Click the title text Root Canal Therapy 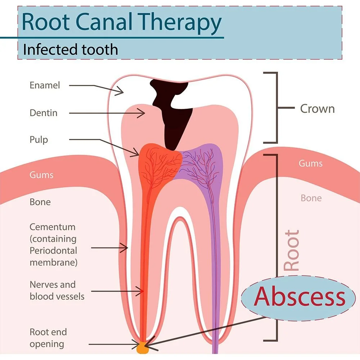pos(121,22)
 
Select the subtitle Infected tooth pos(70,49)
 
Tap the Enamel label pos(45,86)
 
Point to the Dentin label pos(43,113)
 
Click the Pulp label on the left pos(39,140)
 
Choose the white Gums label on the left pos(41,175)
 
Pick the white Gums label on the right pos(310,163)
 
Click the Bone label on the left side pos(40,202)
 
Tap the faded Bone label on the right pos(311,198)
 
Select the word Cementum pos(53,227)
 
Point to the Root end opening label pos(48,338)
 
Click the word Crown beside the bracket pos(317,109)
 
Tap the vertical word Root pos(292,251)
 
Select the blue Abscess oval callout pos(295,297)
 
